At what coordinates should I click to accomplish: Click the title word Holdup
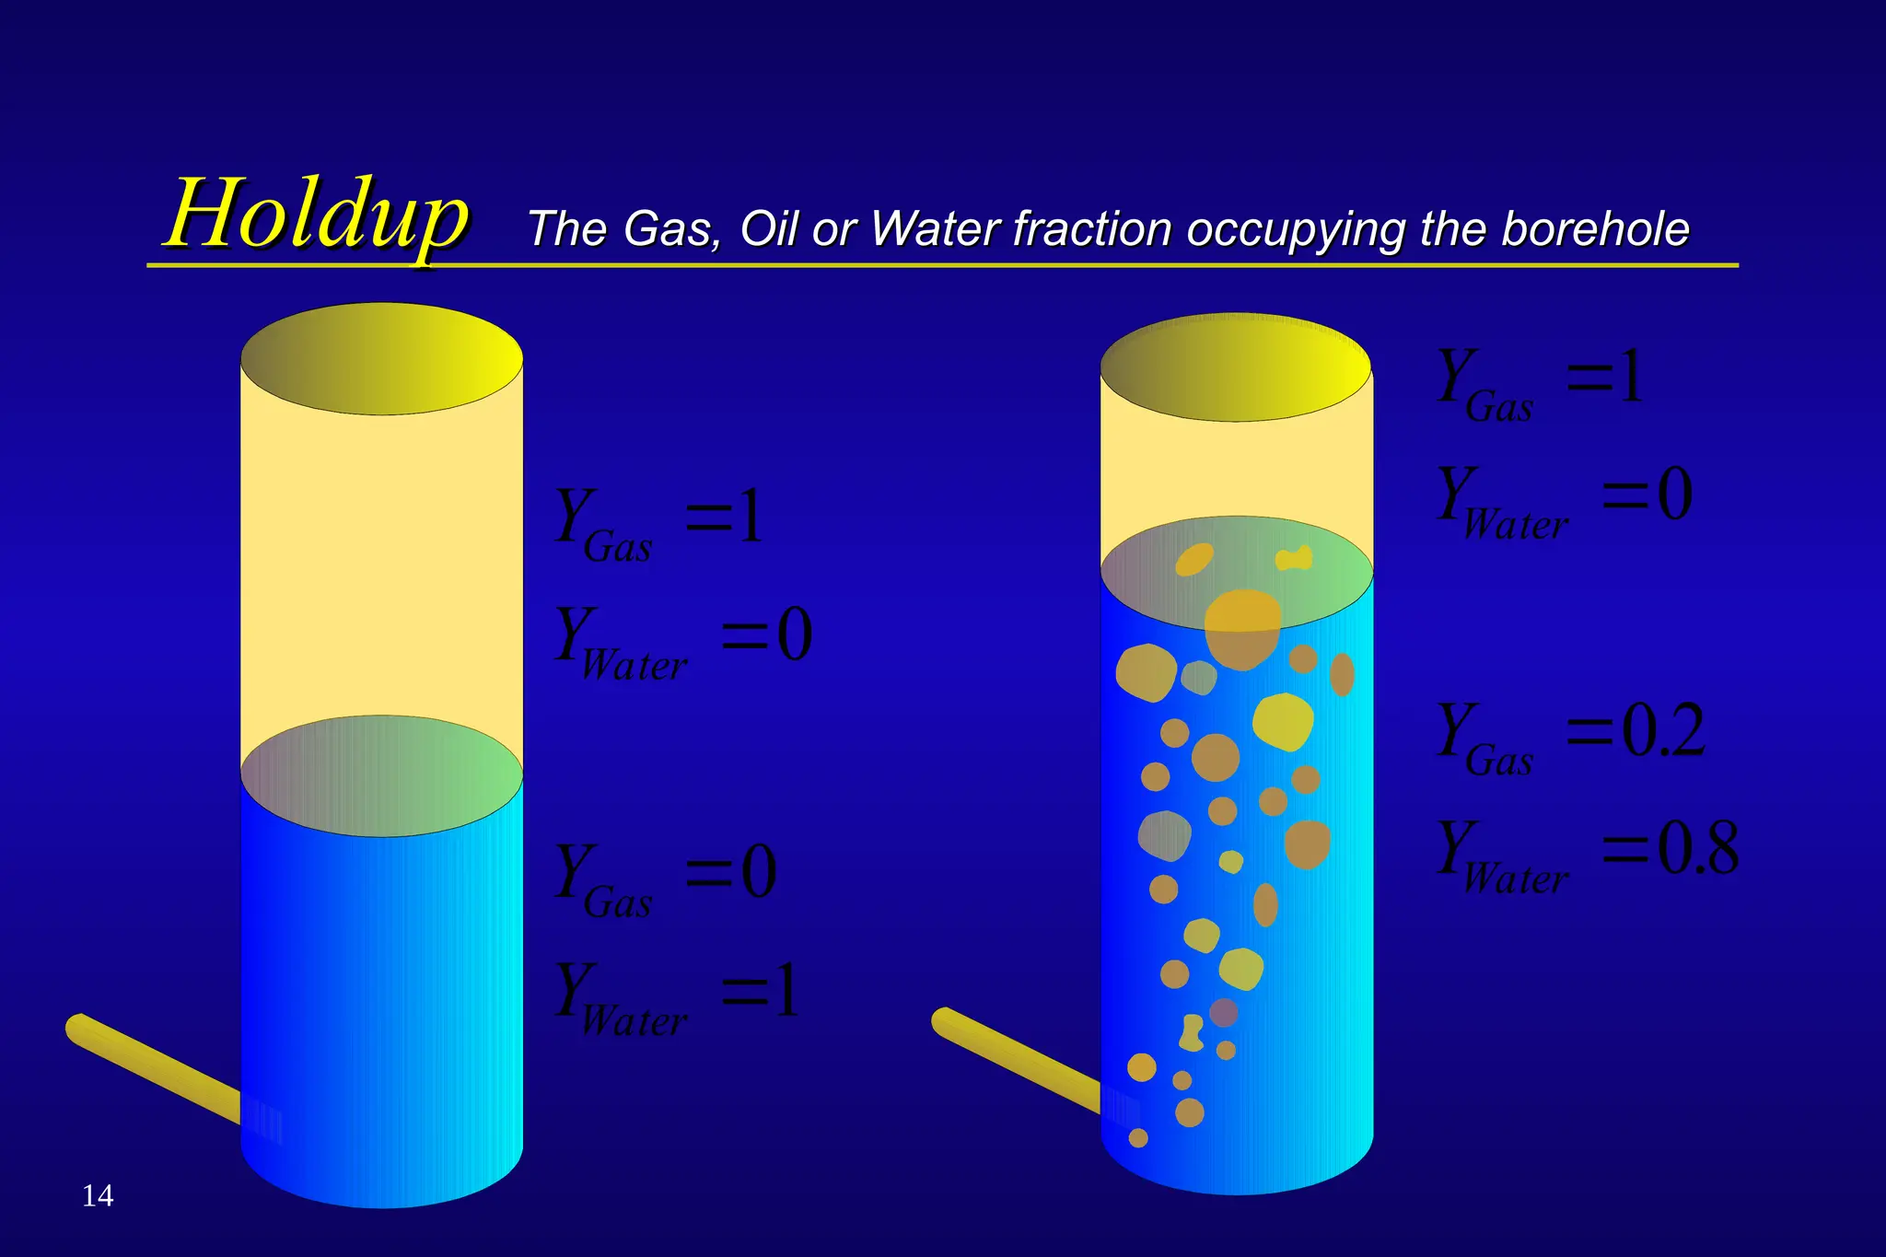317,215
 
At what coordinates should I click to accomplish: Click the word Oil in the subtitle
770,228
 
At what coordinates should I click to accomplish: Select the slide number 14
98,1195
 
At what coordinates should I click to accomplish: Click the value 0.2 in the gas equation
1663,731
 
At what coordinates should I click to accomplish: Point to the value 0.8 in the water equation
1698,848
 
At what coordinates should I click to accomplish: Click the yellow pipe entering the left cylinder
152,1068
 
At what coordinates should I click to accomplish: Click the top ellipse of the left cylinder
381,358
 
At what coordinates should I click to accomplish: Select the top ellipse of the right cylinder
1236,367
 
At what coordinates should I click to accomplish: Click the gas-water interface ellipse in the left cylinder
381,776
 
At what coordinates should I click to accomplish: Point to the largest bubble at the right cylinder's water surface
1242,628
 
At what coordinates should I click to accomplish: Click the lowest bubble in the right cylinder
1138,1138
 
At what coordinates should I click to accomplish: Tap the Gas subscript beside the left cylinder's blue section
618,902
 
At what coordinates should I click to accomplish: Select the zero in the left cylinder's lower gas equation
760,872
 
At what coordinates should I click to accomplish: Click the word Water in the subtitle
935,228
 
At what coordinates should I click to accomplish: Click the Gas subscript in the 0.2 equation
1499,762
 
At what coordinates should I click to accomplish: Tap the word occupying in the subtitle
1296,230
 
